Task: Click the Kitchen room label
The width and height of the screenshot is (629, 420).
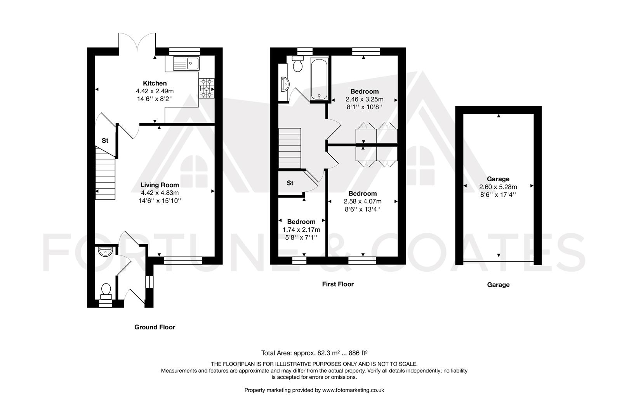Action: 155,83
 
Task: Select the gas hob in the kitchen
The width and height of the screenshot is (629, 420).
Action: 206,88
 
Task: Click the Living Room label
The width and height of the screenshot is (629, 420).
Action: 160,185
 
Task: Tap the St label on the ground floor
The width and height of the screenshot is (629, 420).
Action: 105,141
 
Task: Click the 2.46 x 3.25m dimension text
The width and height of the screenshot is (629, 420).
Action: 364,99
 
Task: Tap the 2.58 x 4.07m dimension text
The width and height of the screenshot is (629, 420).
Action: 362,201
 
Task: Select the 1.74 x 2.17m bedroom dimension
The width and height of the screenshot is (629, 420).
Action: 301,230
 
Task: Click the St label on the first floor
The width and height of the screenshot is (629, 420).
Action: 290,183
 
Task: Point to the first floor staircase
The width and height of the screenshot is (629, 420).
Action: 290,148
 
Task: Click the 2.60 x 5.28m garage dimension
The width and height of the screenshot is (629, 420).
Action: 498,187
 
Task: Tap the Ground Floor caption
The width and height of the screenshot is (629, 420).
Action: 155,327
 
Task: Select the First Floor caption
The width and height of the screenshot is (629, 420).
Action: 338,284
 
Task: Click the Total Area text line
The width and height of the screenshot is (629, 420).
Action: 314,353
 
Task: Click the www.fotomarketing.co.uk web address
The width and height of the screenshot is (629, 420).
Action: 353,390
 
